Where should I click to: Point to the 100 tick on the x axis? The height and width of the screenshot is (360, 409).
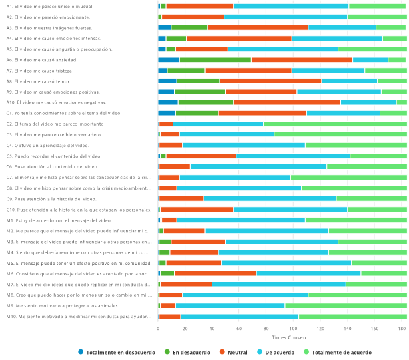click(293, 329)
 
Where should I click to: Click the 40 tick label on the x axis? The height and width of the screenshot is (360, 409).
click(212, 329)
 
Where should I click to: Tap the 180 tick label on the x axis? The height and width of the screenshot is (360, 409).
click(402, 329)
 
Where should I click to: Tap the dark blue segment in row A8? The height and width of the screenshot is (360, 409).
click(167, 81)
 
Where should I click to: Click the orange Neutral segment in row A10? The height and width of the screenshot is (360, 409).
click(287, 102)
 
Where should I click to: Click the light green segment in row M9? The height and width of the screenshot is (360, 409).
click(346, 305)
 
